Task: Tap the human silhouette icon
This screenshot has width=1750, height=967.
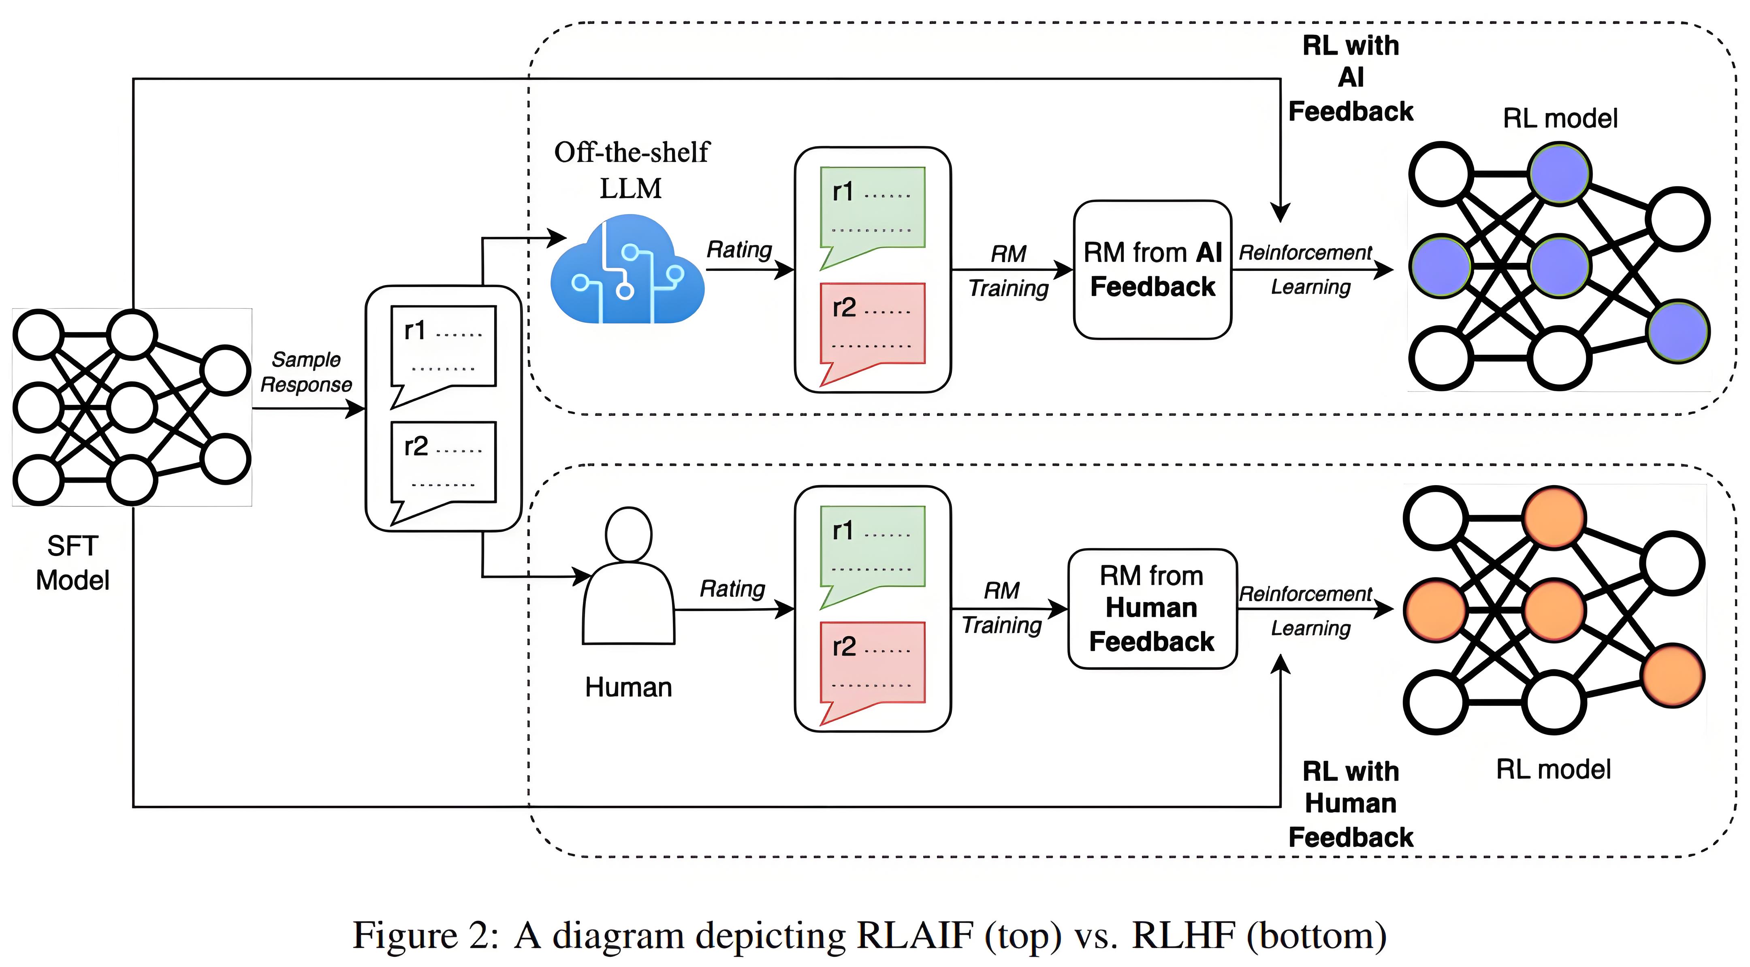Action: tap(628, 577)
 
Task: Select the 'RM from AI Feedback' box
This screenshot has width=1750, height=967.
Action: tap(1152, 270)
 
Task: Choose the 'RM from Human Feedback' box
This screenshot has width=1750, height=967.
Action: tap(1152, 609)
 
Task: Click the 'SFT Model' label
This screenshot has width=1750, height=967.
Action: tap(73, 563)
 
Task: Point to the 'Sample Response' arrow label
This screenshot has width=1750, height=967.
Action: tap(306, 372)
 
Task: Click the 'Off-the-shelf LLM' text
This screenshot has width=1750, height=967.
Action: tap(631, 170)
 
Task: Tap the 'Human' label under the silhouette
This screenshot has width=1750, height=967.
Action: tap(628, 687)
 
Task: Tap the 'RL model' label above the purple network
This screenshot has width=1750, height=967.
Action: tap(1560, 118)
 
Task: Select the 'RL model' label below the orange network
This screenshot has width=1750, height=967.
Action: tap(1553, 769)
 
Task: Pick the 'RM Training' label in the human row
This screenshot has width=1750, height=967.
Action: tap(1002, 608)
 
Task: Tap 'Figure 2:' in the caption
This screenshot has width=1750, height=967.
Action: tap(425, 936)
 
